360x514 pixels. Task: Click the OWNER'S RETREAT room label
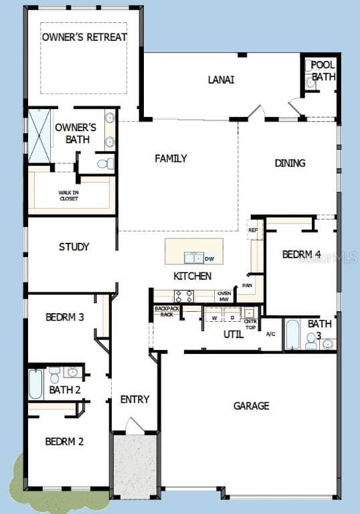coord(84,37)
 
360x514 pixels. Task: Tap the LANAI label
coord(221,80)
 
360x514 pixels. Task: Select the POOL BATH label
coord(323,71)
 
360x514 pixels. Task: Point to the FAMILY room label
coord(171,159)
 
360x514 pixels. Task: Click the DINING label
coord(290,163)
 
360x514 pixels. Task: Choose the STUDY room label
coord(74,247)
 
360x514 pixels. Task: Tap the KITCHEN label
coord(193,276)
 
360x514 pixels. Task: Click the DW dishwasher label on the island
coord(209,259)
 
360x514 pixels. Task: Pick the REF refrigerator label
coord(252,230)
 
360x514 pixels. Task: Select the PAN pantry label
coord(248,285)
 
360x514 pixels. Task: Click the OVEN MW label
coord(223,296)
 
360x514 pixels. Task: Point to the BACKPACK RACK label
coord(164,311)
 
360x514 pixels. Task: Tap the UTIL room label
coord(233,333)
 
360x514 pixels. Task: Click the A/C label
coord(270,333)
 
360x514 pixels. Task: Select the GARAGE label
coord(251,406)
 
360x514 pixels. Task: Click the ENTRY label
coord(134,400)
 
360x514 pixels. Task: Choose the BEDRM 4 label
coord(301,254)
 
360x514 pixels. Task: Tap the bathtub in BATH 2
coord(35,384)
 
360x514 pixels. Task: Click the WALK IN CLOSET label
coord(68,195)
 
